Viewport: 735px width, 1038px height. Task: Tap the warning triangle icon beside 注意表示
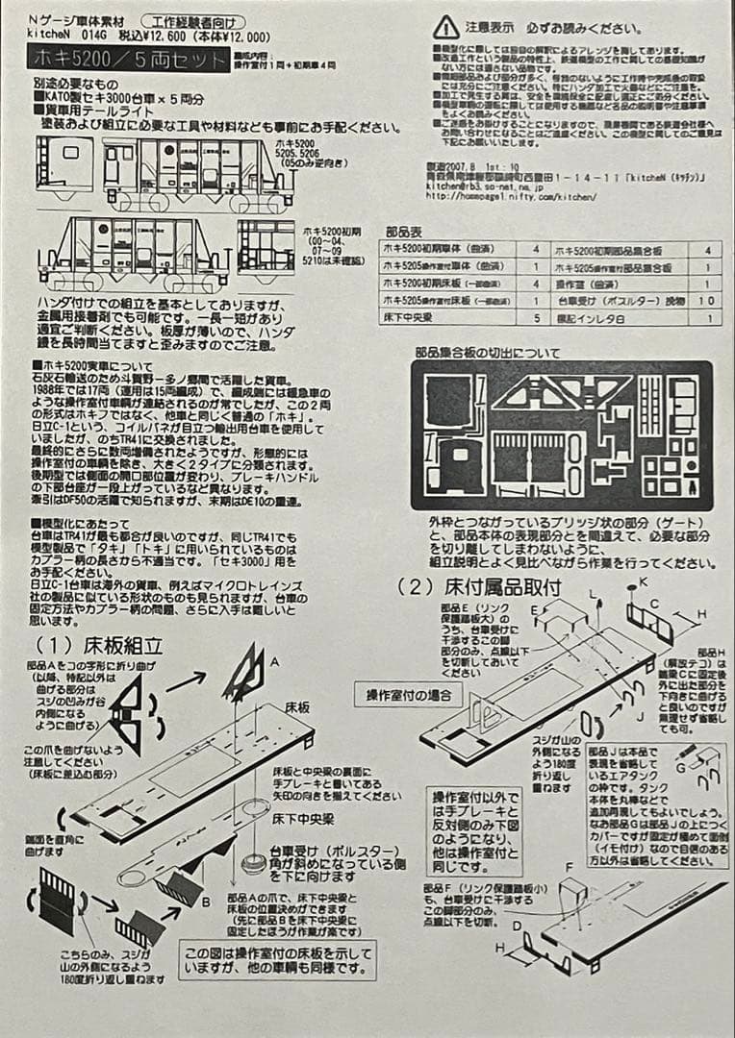click(x=445, y=27)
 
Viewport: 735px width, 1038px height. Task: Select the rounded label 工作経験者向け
click(x=192, y=21)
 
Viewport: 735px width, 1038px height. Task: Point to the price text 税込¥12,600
click(x=149, y=37)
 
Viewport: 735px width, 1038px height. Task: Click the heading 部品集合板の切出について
click(x=487, y=353)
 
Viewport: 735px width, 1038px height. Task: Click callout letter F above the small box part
click(x=569, y=867)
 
